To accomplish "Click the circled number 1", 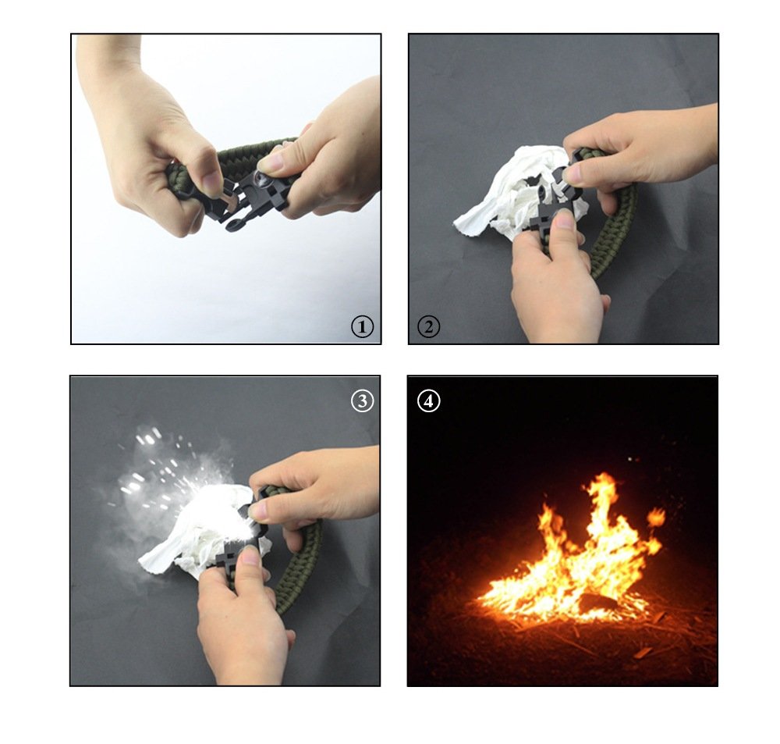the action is [x=362, y=327].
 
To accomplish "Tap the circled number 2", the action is [x=428, y=327].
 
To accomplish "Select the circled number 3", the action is [x=362, y=400].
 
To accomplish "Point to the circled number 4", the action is [x=428, y=400].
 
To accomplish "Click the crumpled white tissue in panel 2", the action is [x=502, y=194].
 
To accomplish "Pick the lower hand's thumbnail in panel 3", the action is [x=248, y=557].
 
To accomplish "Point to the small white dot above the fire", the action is [x=630, y=459].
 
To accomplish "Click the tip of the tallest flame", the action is [x=604, y=474].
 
